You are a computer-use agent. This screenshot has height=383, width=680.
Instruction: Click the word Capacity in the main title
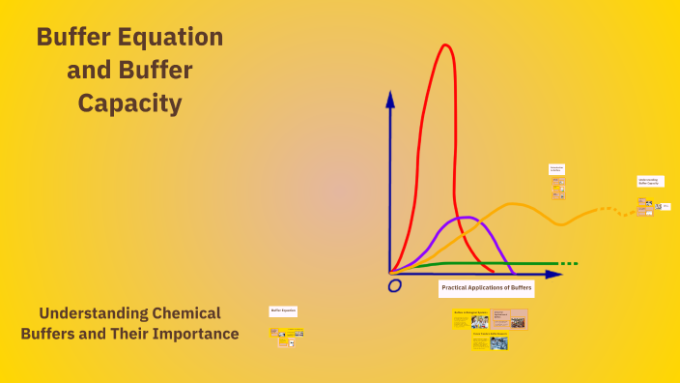129,103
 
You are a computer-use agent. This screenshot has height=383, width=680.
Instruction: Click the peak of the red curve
444,45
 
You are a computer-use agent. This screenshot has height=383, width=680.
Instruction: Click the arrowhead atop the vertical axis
390,99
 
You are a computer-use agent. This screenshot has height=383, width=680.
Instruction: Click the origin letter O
394,285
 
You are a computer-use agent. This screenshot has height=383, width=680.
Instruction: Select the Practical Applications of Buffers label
487,288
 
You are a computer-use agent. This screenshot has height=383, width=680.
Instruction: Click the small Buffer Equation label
283,311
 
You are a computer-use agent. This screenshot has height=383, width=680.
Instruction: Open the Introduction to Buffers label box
556,169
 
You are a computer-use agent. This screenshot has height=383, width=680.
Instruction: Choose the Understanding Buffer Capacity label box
650,181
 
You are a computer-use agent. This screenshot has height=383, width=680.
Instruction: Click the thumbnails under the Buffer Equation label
287,336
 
